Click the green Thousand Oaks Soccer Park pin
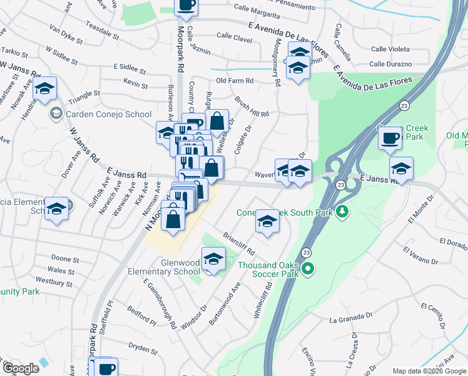coord(307,269)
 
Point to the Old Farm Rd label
coord(235,81)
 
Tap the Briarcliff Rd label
coord(239,244)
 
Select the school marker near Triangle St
coord(44,90)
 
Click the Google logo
coord(21,368)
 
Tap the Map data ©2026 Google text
coord(429,371)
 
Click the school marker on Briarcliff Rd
coord(267,221)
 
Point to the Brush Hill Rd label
coord(252,106)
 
